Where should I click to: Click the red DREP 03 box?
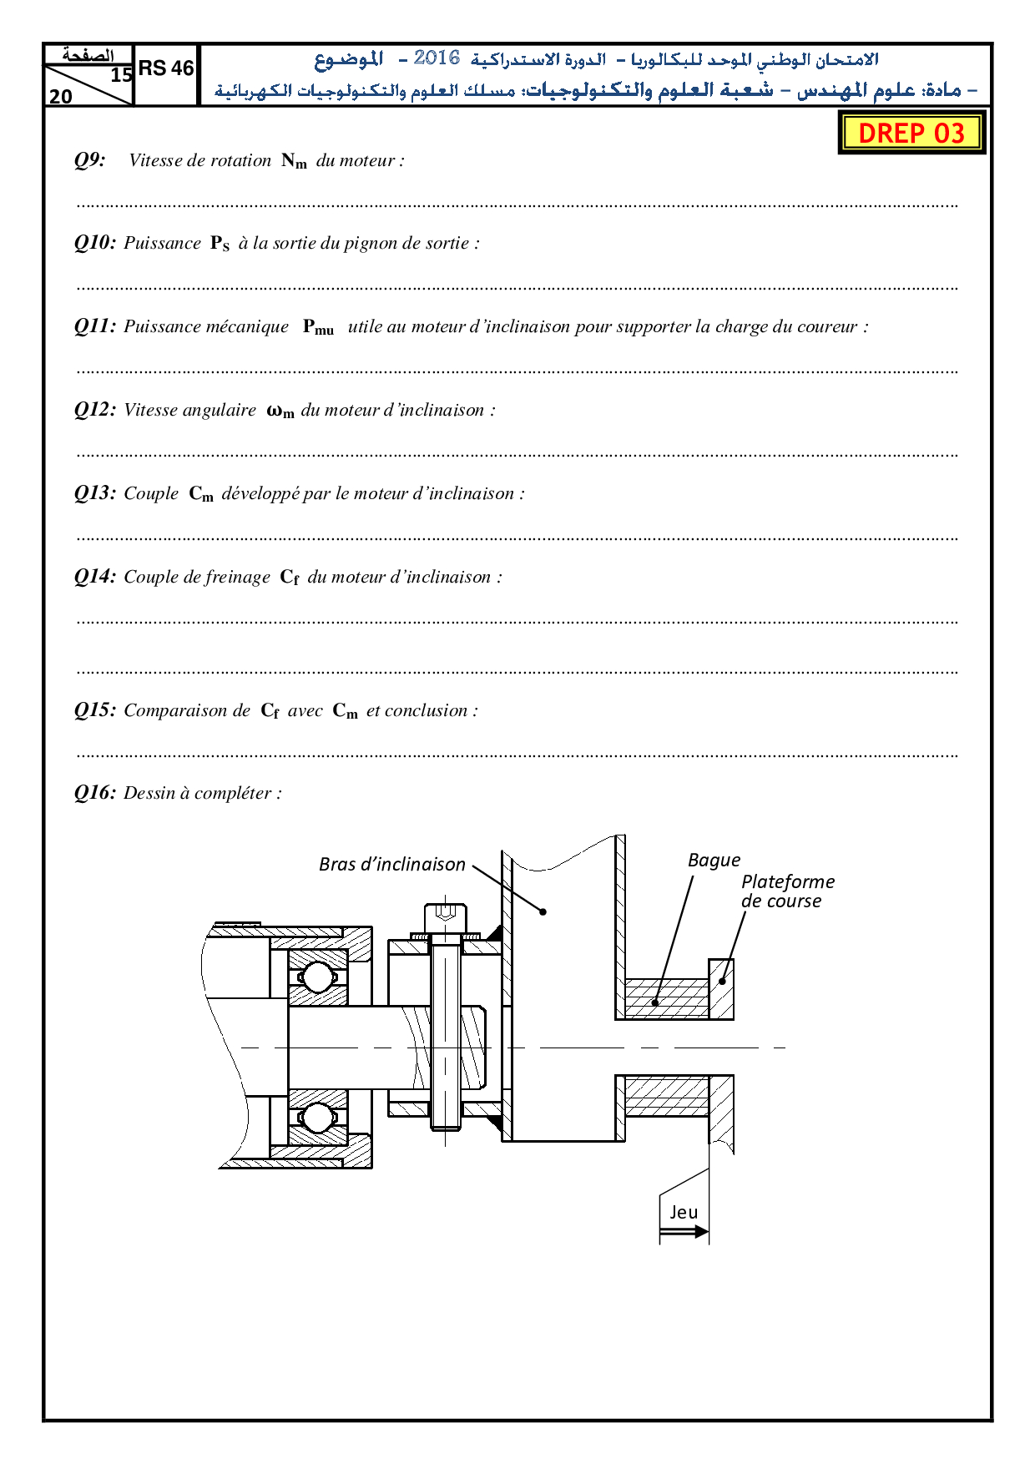coord(911,134)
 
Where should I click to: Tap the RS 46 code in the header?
coord(166,68)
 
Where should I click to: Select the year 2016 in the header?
coord(437,58)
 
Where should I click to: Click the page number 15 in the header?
coord(121,75)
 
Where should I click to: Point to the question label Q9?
coord(90,160)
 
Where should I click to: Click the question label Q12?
coord(95,410)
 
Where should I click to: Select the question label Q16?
coord(95,793)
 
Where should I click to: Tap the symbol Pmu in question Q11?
coord(318,327)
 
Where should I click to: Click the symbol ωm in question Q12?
coord(280,411)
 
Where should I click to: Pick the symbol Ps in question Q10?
coord(220,244)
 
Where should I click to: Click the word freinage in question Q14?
coord(238,577)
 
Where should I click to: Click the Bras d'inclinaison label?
coord(391,865)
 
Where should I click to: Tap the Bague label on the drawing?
coord(714,861)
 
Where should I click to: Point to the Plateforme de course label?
coord(786,891)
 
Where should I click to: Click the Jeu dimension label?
coord(684,1212)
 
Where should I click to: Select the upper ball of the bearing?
coord(317,977)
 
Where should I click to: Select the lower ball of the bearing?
coord(317,1116)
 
